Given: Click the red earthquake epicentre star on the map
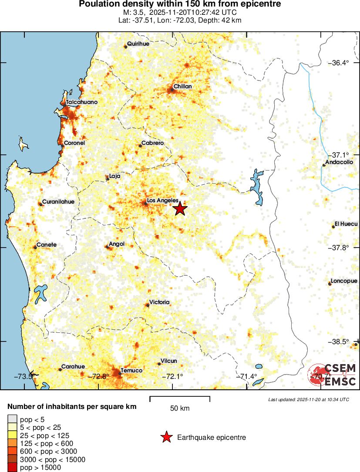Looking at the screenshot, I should [x=180, y=209].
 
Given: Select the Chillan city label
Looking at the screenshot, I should [x=182, y=87].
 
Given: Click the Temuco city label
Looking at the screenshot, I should [x=131, y=370].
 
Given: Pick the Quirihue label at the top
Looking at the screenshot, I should [x=138, y=44].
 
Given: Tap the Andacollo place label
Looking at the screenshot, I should [x=341, y=162].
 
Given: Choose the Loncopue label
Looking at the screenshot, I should [x=344, y=281].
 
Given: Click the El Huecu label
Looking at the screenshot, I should [x=346, y=224].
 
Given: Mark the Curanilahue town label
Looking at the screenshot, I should [x=58, y=202].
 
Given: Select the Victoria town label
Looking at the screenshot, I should [x=159, y=302].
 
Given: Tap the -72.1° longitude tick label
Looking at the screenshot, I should [x=172, y=376].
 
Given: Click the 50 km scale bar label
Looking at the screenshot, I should [x=180, y=408].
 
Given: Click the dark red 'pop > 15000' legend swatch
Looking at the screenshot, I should [x=13, y=468].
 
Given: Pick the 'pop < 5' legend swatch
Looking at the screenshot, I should [x=13, y=420].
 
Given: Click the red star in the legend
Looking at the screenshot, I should [x=167, y=437].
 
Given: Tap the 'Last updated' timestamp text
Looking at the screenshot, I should [x=308, y=399].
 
